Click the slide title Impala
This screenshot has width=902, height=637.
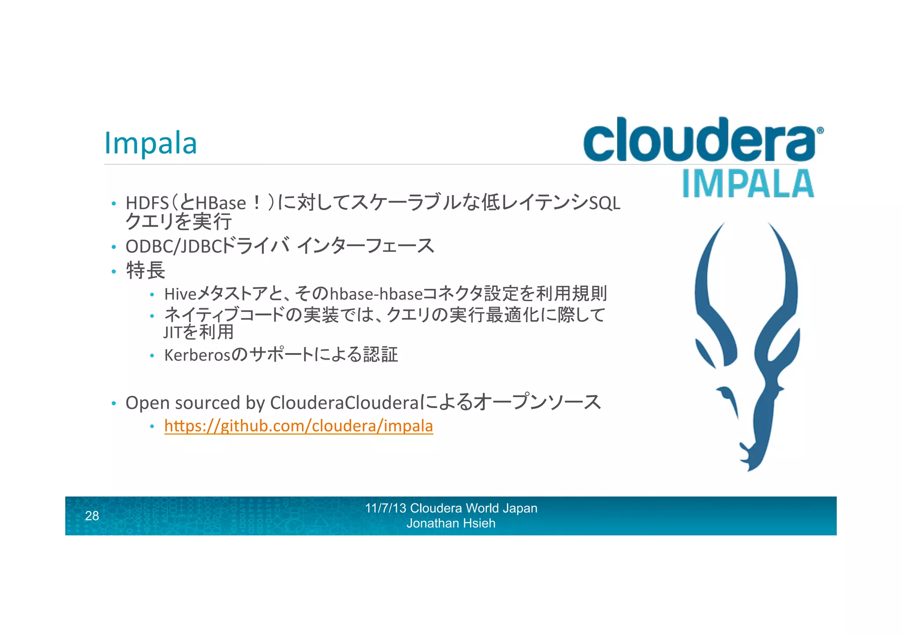[150, 143]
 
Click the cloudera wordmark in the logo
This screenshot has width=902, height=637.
[699, 140]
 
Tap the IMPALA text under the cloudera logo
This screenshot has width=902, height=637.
[748, 184]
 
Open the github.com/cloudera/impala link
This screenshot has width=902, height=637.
[299, 426]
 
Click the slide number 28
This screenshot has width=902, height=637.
[92, 515]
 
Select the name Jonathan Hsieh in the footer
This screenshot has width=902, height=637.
[451, 523]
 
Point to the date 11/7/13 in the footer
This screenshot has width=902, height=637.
[385, 508]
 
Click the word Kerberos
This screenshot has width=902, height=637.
[197, 355]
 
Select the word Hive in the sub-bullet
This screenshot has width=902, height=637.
[180, 294]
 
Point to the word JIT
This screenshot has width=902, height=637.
[172, 332]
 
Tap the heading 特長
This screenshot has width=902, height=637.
[145, 270]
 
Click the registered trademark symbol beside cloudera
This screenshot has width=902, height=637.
[820, 130]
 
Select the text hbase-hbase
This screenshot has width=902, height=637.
[376, 294]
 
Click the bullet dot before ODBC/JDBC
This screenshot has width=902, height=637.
[114, 247]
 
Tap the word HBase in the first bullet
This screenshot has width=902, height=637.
[221, 203]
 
